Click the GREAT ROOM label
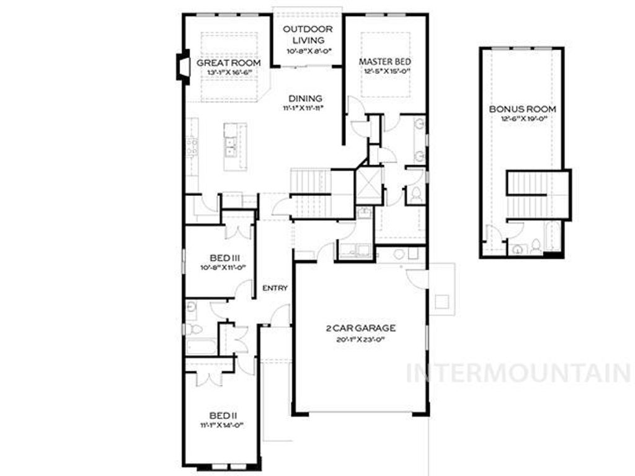coord(228,63)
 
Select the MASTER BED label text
coord(385,61)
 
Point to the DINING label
coord(306,98)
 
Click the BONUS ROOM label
coord(522,109)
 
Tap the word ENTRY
coord(275,288)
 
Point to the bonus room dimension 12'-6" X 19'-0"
coord(522,119)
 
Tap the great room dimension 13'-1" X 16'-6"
coord(228,73)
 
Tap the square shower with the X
coord(368,184)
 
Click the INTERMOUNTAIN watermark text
coord(518,372)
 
